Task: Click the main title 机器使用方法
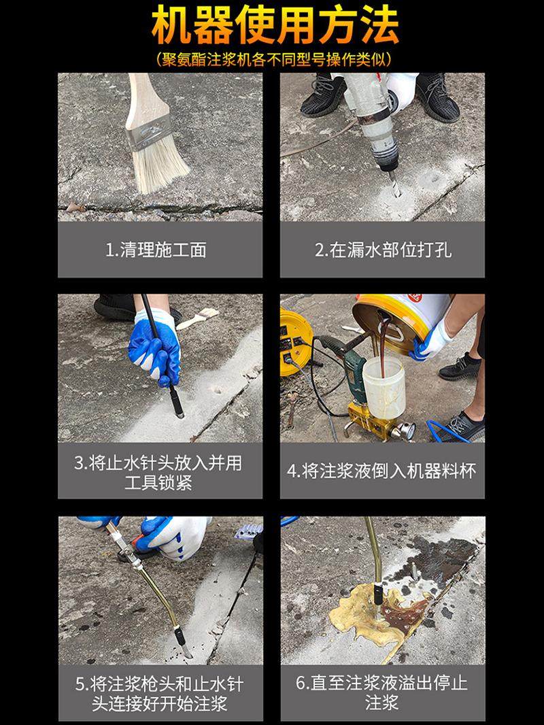pos(275,25)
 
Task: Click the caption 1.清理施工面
pos(156,250)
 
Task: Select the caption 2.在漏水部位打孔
pos(383,250)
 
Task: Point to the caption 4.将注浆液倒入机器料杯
pos(381,471)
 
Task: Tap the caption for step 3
pos(158,473)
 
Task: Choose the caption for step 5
pos(160,694)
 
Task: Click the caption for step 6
pos(381,692)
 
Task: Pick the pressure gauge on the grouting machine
pos(407,431)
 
